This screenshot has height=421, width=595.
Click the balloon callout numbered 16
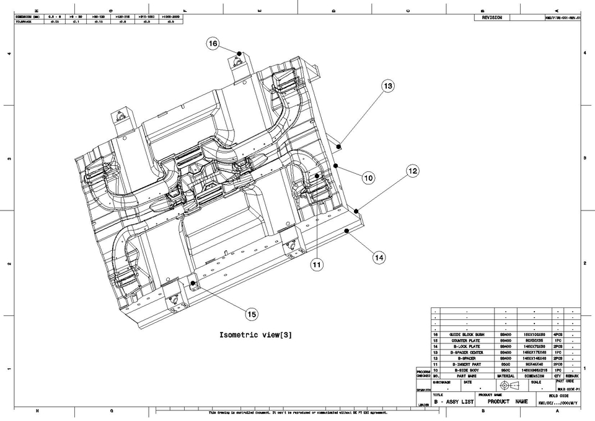(213, 43)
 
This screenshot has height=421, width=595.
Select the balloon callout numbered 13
(388, 86)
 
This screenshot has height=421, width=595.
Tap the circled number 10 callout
(369, 178)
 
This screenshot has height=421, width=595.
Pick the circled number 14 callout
(379, 256)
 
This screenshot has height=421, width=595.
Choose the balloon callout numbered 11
(317, 265)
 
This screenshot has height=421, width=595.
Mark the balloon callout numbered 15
(252, 314)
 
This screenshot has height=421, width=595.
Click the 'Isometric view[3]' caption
(255, 335)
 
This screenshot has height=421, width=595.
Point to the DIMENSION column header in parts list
(534, 376)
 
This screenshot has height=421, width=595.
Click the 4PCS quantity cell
(558, 335)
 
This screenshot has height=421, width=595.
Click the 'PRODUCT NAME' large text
(508, 402)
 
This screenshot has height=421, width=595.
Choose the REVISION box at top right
(492, 18)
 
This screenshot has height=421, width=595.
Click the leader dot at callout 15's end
(193, 283)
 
